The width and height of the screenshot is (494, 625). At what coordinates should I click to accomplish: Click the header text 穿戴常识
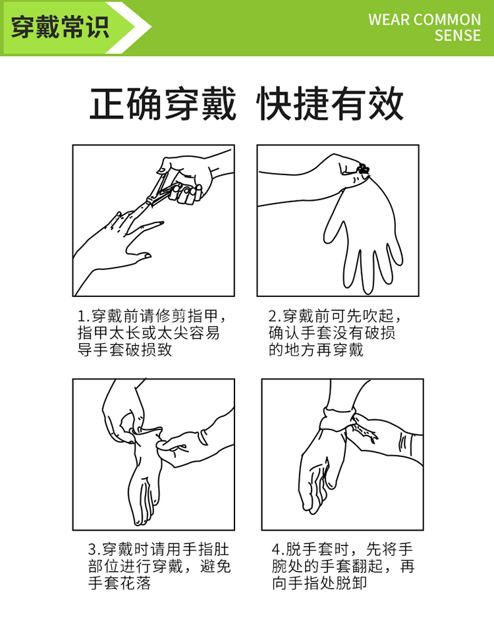point(60,28)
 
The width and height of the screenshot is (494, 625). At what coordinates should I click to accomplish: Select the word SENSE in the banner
point(458,36)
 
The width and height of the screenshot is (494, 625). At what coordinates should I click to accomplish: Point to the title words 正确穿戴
point(163,103)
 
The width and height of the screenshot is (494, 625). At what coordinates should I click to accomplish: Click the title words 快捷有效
point(330,103)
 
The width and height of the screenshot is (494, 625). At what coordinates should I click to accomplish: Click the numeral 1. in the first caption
point(84,317)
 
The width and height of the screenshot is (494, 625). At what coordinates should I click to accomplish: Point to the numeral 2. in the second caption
point(274,317)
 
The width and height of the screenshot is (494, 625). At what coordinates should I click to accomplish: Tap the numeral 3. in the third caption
point(94,550)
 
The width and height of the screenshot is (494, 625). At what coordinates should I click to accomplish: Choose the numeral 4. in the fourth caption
point(278,550)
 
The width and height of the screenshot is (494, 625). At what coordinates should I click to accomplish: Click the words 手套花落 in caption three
point(120,583)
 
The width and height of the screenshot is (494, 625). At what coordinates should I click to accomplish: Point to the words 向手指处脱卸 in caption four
point(319,583)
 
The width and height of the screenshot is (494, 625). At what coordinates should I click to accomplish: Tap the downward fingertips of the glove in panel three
point(142,515)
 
